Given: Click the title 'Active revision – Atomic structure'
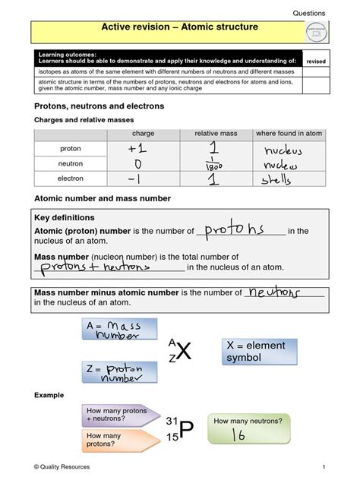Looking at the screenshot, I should pos(179,27).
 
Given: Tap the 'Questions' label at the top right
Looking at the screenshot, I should pos(308,13).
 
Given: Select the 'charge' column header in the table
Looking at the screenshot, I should pos(143,134).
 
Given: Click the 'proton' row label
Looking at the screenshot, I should pos(71,149).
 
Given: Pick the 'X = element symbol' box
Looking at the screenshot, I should pos(260,352).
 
